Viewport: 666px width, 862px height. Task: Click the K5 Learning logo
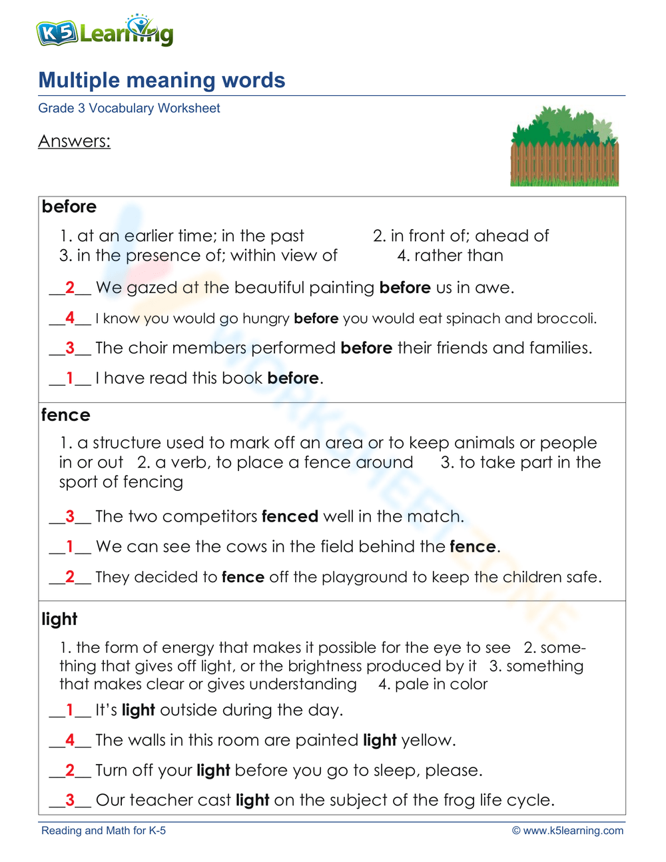point(105,31)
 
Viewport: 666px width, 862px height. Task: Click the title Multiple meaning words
point(162,81)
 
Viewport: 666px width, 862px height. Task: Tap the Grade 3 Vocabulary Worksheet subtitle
point(129,109)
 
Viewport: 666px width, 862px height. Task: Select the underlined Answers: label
point(74,141)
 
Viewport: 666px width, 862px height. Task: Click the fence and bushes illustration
point(564,147)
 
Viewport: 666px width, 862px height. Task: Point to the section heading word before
point(69,207)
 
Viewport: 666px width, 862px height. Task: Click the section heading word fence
point(65,415)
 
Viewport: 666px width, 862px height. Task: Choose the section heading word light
point(59,619)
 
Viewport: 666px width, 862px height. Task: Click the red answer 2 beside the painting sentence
point(70,288)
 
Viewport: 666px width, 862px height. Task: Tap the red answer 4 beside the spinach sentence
point(70,318)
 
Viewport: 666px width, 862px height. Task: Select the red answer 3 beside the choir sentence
point(70,348)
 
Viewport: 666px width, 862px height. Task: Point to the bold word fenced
point(290,516)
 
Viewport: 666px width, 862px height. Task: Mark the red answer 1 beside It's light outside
point(70,710)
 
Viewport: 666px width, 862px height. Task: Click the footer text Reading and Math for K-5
point(103,831)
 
